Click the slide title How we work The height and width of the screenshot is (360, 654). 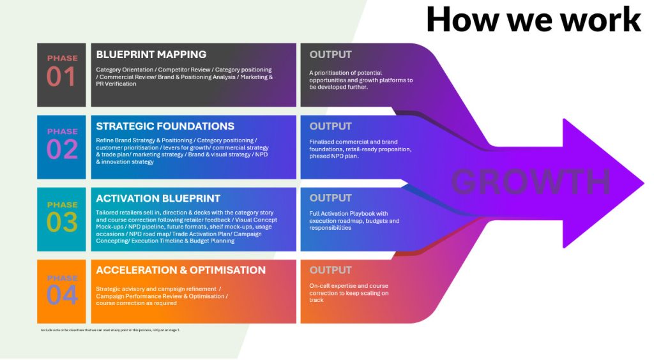(533, 20)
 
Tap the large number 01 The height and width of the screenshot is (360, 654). (61, 77)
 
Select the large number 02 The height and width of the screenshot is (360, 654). (62, 149)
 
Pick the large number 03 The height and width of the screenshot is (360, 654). (62, 222)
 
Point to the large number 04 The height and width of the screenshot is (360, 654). (62, 295)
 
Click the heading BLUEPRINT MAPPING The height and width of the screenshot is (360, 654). (151, 55)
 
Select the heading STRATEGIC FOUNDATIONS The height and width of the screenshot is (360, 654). (165, 126)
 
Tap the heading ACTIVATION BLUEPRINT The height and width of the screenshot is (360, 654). (158, 199)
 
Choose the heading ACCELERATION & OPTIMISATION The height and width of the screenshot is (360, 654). (181, 270)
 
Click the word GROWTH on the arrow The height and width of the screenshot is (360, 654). (531, 182)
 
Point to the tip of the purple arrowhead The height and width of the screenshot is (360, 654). (642, 183)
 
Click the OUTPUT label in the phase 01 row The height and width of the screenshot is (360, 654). (331, 55)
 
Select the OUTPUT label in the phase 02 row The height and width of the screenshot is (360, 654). (331, 126)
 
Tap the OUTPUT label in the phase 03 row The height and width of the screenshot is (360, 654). (331, 199)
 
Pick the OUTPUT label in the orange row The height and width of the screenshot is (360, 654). (331, 271)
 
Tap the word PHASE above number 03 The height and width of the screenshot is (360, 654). (62, 205)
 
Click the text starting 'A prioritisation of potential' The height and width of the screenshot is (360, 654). (361, 80)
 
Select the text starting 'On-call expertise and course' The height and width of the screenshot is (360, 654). (349, 293)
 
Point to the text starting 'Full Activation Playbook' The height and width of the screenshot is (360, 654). (354, 221)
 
